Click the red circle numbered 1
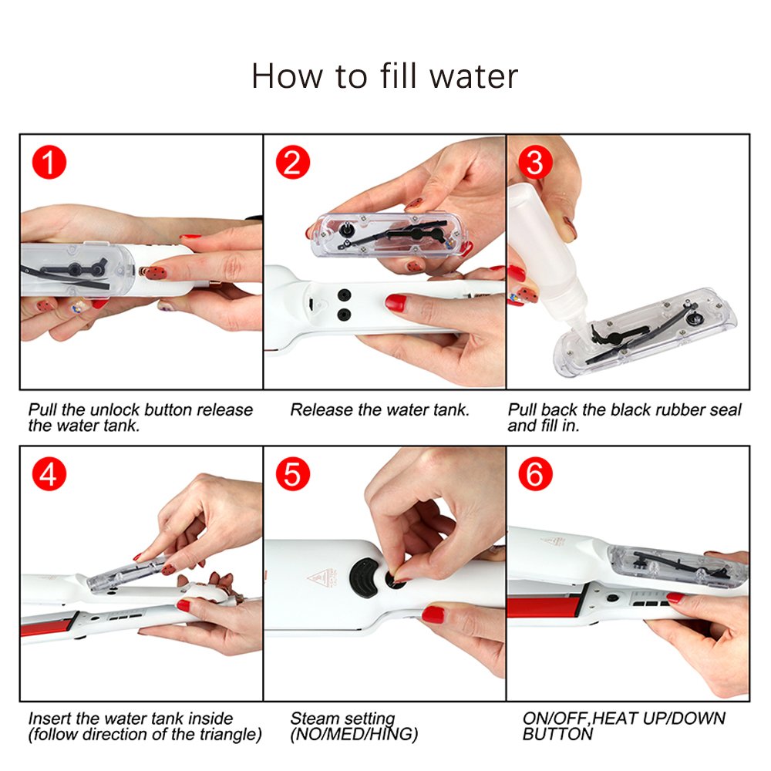[x=49, y=163]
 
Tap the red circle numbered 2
[x=293, y=163]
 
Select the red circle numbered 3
[x=535, y=163]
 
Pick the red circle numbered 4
[x=49, y=474]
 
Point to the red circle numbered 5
[x=293, y=474]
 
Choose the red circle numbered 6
[x=535, y=474]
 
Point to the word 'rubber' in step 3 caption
[x=672, y=409]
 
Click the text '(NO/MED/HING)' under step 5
[x=354, y=735]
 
